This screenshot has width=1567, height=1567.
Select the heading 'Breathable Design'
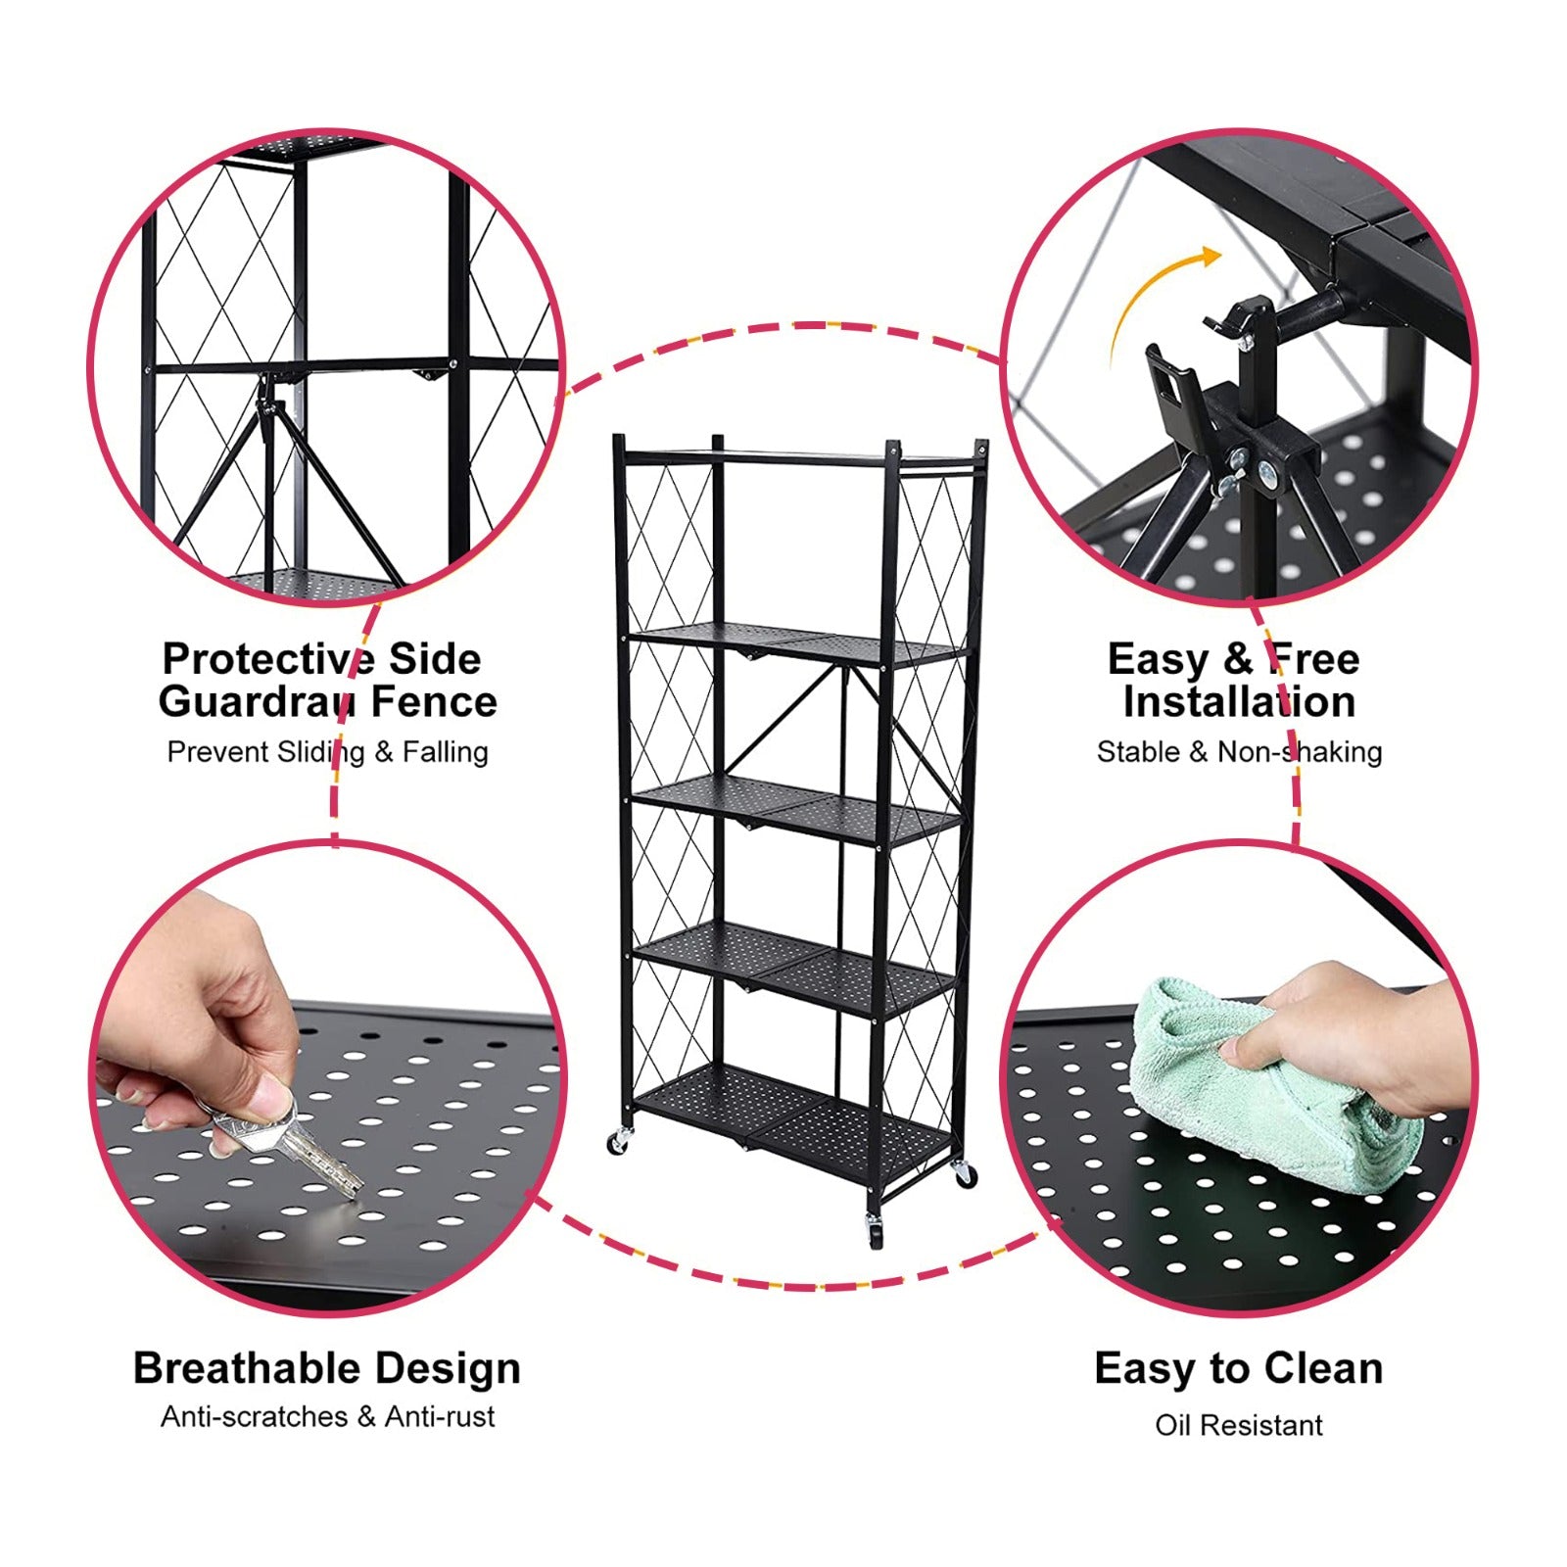[x=327, y=1368]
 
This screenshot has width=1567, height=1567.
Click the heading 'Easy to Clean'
[x=1239, y=1368]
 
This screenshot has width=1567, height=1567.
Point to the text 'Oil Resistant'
[x=1239, y=1425]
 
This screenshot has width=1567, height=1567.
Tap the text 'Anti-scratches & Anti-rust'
[x=327, y=1416]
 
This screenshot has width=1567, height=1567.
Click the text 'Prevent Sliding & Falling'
[x=327, y=752]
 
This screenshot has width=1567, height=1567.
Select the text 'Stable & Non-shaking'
[x=1239, y=752]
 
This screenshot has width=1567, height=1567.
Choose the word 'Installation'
[x=1239, y=702]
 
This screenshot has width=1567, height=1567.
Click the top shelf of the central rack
[x=798, y=456]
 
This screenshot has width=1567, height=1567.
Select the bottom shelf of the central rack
[x=793, y=1116]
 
